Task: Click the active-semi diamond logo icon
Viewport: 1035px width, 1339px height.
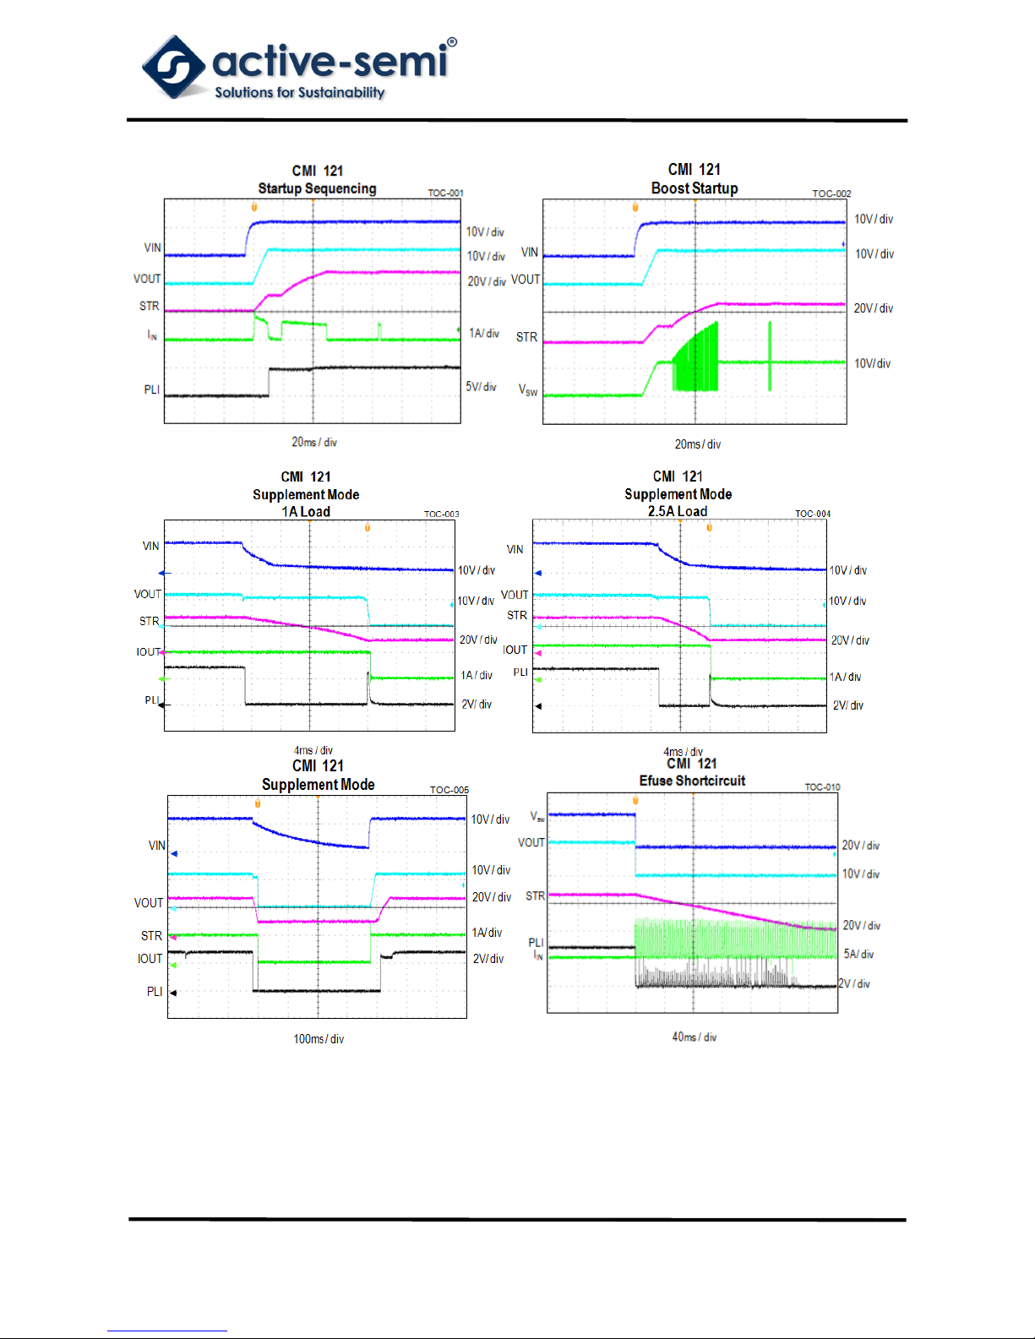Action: [174, 66]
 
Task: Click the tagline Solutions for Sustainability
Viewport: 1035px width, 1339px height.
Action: [299, 92]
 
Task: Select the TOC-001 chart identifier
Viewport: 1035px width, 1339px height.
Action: [445, 193]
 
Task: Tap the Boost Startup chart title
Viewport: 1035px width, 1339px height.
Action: [695, 188]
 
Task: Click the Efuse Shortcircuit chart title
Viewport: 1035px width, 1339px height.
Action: [692, 781]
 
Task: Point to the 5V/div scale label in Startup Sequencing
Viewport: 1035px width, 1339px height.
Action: [481, 387]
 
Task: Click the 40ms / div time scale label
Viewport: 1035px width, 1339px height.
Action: [694, 1037]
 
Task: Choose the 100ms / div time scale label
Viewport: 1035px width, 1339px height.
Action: [319, 1039]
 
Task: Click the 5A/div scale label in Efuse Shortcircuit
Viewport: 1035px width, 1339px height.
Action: [858, 954]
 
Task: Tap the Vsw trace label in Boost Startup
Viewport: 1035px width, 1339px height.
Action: [528, 389]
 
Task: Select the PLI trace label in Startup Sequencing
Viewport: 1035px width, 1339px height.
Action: [152, 389]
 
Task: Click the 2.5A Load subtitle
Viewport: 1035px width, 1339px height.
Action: [678, 511]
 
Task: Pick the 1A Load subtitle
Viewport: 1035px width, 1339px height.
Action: [306, 512]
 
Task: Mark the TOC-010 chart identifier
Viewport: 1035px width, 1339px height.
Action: [822, 787]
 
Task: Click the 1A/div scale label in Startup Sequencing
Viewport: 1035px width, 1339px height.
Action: [484, 334]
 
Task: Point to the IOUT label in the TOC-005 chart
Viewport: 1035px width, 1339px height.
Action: [150, 959]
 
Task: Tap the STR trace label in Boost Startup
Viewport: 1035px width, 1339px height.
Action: [526, 337]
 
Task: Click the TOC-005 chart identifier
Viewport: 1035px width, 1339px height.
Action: [449, 791]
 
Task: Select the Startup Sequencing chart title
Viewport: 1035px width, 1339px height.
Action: [317, 188]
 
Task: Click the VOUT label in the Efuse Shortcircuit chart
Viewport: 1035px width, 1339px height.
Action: [531, 842]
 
